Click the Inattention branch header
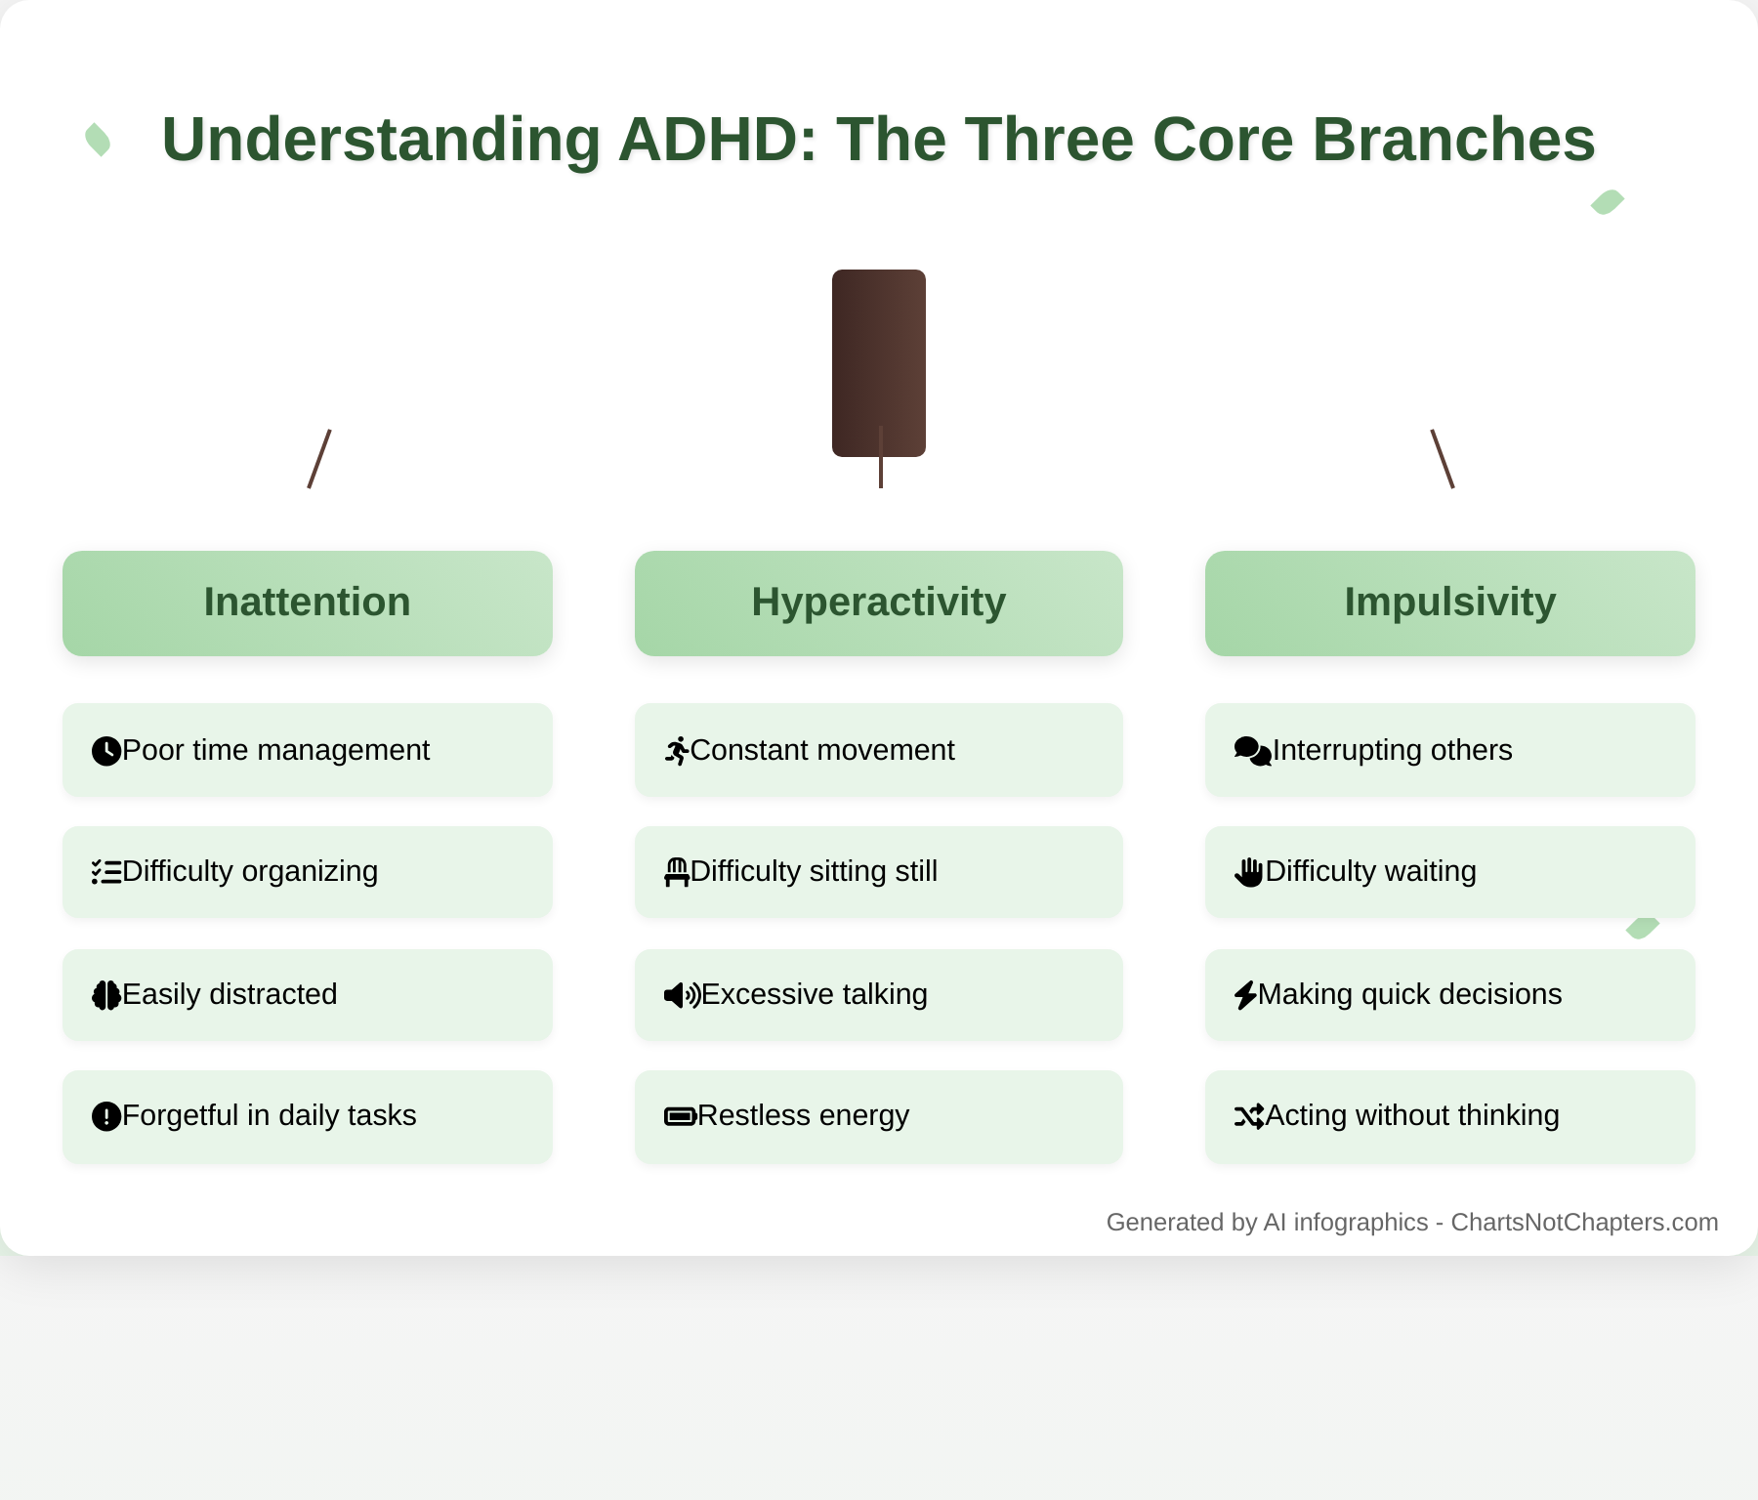coord(308,603)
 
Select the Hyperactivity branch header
coord(878,603)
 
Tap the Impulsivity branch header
coord(1449,603)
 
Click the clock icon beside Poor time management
coord(105,751)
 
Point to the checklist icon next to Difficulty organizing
coord(105,872)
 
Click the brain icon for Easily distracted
coord(105,995)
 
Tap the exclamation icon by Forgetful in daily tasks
coord(105,1116)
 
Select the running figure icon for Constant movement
coord(677,751)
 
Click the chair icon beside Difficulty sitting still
coord(677,872)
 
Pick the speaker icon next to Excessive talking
coord(682,995)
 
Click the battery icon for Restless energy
coord(680,1116)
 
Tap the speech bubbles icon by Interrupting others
coord(1252,751)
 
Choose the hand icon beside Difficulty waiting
coord(1248,872)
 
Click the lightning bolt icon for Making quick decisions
coord(1245,995)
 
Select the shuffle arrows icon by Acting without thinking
coord(1249,1116)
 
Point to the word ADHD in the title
coord(718,140)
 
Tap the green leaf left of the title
coord(98,140)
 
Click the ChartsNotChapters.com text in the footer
coord(1584,1223)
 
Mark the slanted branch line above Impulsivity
coord(1443,459)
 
